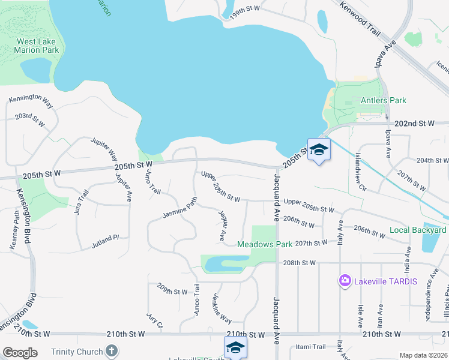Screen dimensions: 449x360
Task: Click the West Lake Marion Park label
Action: tap(37, 46)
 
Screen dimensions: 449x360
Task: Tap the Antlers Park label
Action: tap(383, 100)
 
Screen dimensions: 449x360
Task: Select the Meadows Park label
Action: tap(264, 244)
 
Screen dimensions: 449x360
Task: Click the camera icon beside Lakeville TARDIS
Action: tap(345, 280)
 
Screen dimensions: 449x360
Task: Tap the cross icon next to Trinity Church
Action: tap(110, 351)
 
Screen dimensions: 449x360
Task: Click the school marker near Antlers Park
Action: tap(319, 149)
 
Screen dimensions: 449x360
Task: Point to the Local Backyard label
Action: tap(418, 230)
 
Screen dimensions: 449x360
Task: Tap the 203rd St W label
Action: tap(31, 118)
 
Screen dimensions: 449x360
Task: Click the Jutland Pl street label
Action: tap(106, 240)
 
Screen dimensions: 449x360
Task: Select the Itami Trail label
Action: tap(311, 347)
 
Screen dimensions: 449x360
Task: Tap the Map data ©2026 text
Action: tap(423, 355)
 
